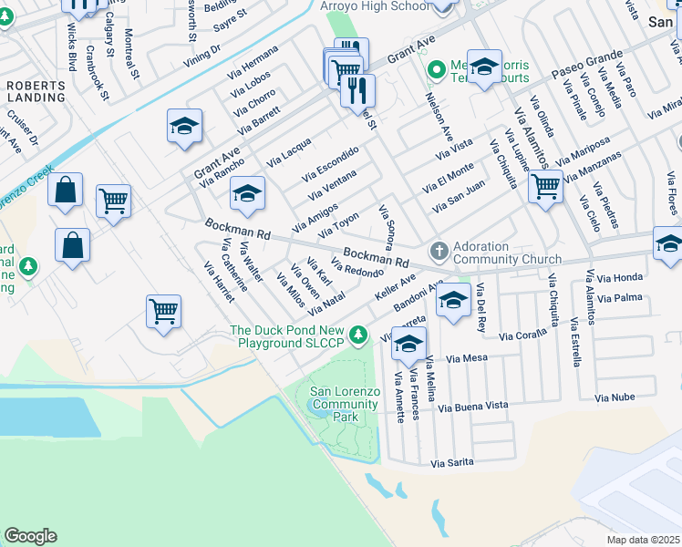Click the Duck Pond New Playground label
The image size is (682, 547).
coord(287,337)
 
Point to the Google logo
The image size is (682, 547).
coord(30,536)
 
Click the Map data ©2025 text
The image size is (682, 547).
coord(643,540)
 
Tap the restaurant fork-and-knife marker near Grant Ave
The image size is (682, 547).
coord(358,90)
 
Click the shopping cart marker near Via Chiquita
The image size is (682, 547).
coord(545,186)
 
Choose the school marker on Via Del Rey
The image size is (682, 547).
coord(453,302)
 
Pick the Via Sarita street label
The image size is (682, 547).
coord(452,463)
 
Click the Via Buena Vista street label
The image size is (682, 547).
coord(472,406)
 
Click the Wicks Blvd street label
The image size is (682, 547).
coord(71,54)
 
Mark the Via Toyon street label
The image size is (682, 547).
coord(338,225)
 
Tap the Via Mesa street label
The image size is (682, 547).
coord(469,359)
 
